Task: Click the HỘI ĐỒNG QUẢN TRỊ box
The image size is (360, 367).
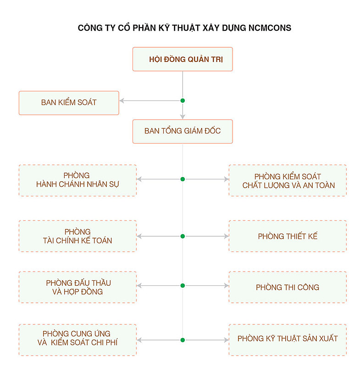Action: coord(183,59)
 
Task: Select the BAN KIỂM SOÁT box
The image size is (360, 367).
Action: coord(69,103)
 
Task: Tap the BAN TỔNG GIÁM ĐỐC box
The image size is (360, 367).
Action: coord(183,132)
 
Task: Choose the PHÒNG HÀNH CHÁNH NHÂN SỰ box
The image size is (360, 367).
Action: coord(78,180)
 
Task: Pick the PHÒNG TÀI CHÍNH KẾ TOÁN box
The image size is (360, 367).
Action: coord(78,236)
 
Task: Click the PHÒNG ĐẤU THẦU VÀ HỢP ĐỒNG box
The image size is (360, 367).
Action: coord(78,287)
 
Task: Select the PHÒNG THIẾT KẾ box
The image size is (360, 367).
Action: coord(288,236)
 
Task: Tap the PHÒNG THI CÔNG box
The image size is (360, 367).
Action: coord(288,287)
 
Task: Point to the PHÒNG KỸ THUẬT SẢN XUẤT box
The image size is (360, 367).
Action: coord(288,340)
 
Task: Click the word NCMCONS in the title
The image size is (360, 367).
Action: coord(270,28)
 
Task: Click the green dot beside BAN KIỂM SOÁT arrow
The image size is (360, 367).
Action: coord(183,100)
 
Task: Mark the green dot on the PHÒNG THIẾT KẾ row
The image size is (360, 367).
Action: coord(183,236)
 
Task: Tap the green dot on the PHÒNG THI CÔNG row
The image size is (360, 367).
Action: coord(183,285)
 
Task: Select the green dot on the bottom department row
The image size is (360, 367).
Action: coord(183,340)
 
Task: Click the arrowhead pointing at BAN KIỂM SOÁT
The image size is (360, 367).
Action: coord(122,100)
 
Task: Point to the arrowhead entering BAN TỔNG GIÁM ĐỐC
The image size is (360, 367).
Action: coord(183,117)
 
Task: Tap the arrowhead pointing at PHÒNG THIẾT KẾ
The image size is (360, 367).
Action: coord(227,236)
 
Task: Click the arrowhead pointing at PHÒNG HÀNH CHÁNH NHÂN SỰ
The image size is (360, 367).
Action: coord(139,179)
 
